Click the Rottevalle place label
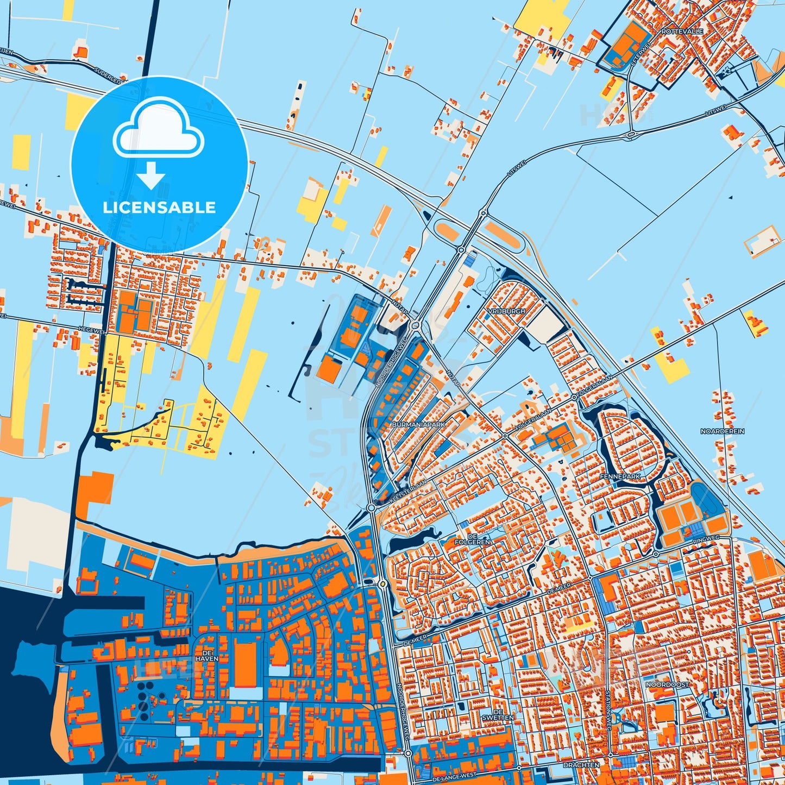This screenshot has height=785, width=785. coord(682,32)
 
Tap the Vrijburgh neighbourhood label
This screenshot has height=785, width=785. coord(506,311)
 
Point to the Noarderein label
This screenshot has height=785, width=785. coord(722,431)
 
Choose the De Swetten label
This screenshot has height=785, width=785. coord(498,714)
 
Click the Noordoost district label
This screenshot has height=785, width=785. coord(667,684)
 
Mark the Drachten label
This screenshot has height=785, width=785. coord(581,764)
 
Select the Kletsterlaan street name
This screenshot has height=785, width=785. coord(407,491)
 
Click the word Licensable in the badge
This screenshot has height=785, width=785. coord(159,207)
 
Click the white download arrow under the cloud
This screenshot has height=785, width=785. coord(151,175)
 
